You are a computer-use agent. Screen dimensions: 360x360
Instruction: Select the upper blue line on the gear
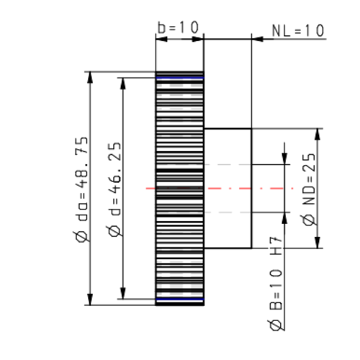180,78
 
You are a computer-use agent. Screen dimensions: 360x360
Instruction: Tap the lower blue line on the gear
180,299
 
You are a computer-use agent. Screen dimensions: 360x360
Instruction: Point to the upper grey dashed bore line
227,165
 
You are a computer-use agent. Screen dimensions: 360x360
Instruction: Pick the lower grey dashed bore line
227,212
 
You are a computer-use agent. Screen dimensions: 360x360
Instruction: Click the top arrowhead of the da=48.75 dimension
89,76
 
